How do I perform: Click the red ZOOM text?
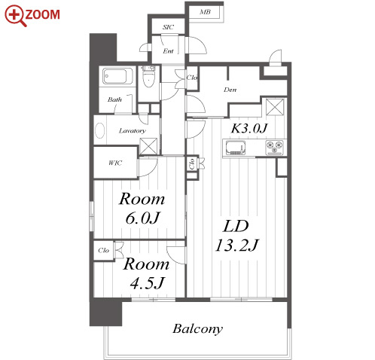[x=42, y=14]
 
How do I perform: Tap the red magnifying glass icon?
[x=15, y=15]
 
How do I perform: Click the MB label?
[x=205, y=12]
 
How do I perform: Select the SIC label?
[x=168, y=27]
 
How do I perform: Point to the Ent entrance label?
[x=168, y=51]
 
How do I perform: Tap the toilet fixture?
[x=148, y=76]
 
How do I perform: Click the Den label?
[x=230, y=90]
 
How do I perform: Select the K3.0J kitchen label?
[x=249, y=128]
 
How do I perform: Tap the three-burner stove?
[x=275, y=147]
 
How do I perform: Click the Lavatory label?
[x=133, y=130]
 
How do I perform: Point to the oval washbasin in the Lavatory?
[x=100, y=130]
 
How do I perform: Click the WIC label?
[x=115, y=163]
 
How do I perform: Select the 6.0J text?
[x=142, y=218]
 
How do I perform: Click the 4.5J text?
[x=147, y=282]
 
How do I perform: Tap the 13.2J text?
[x=236, y=245]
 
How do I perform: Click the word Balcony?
[x=198, y=328]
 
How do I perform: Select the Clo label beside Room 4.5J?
[x=103, y=250]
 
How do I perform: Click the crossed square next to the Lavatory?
[x=148, y=146]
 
